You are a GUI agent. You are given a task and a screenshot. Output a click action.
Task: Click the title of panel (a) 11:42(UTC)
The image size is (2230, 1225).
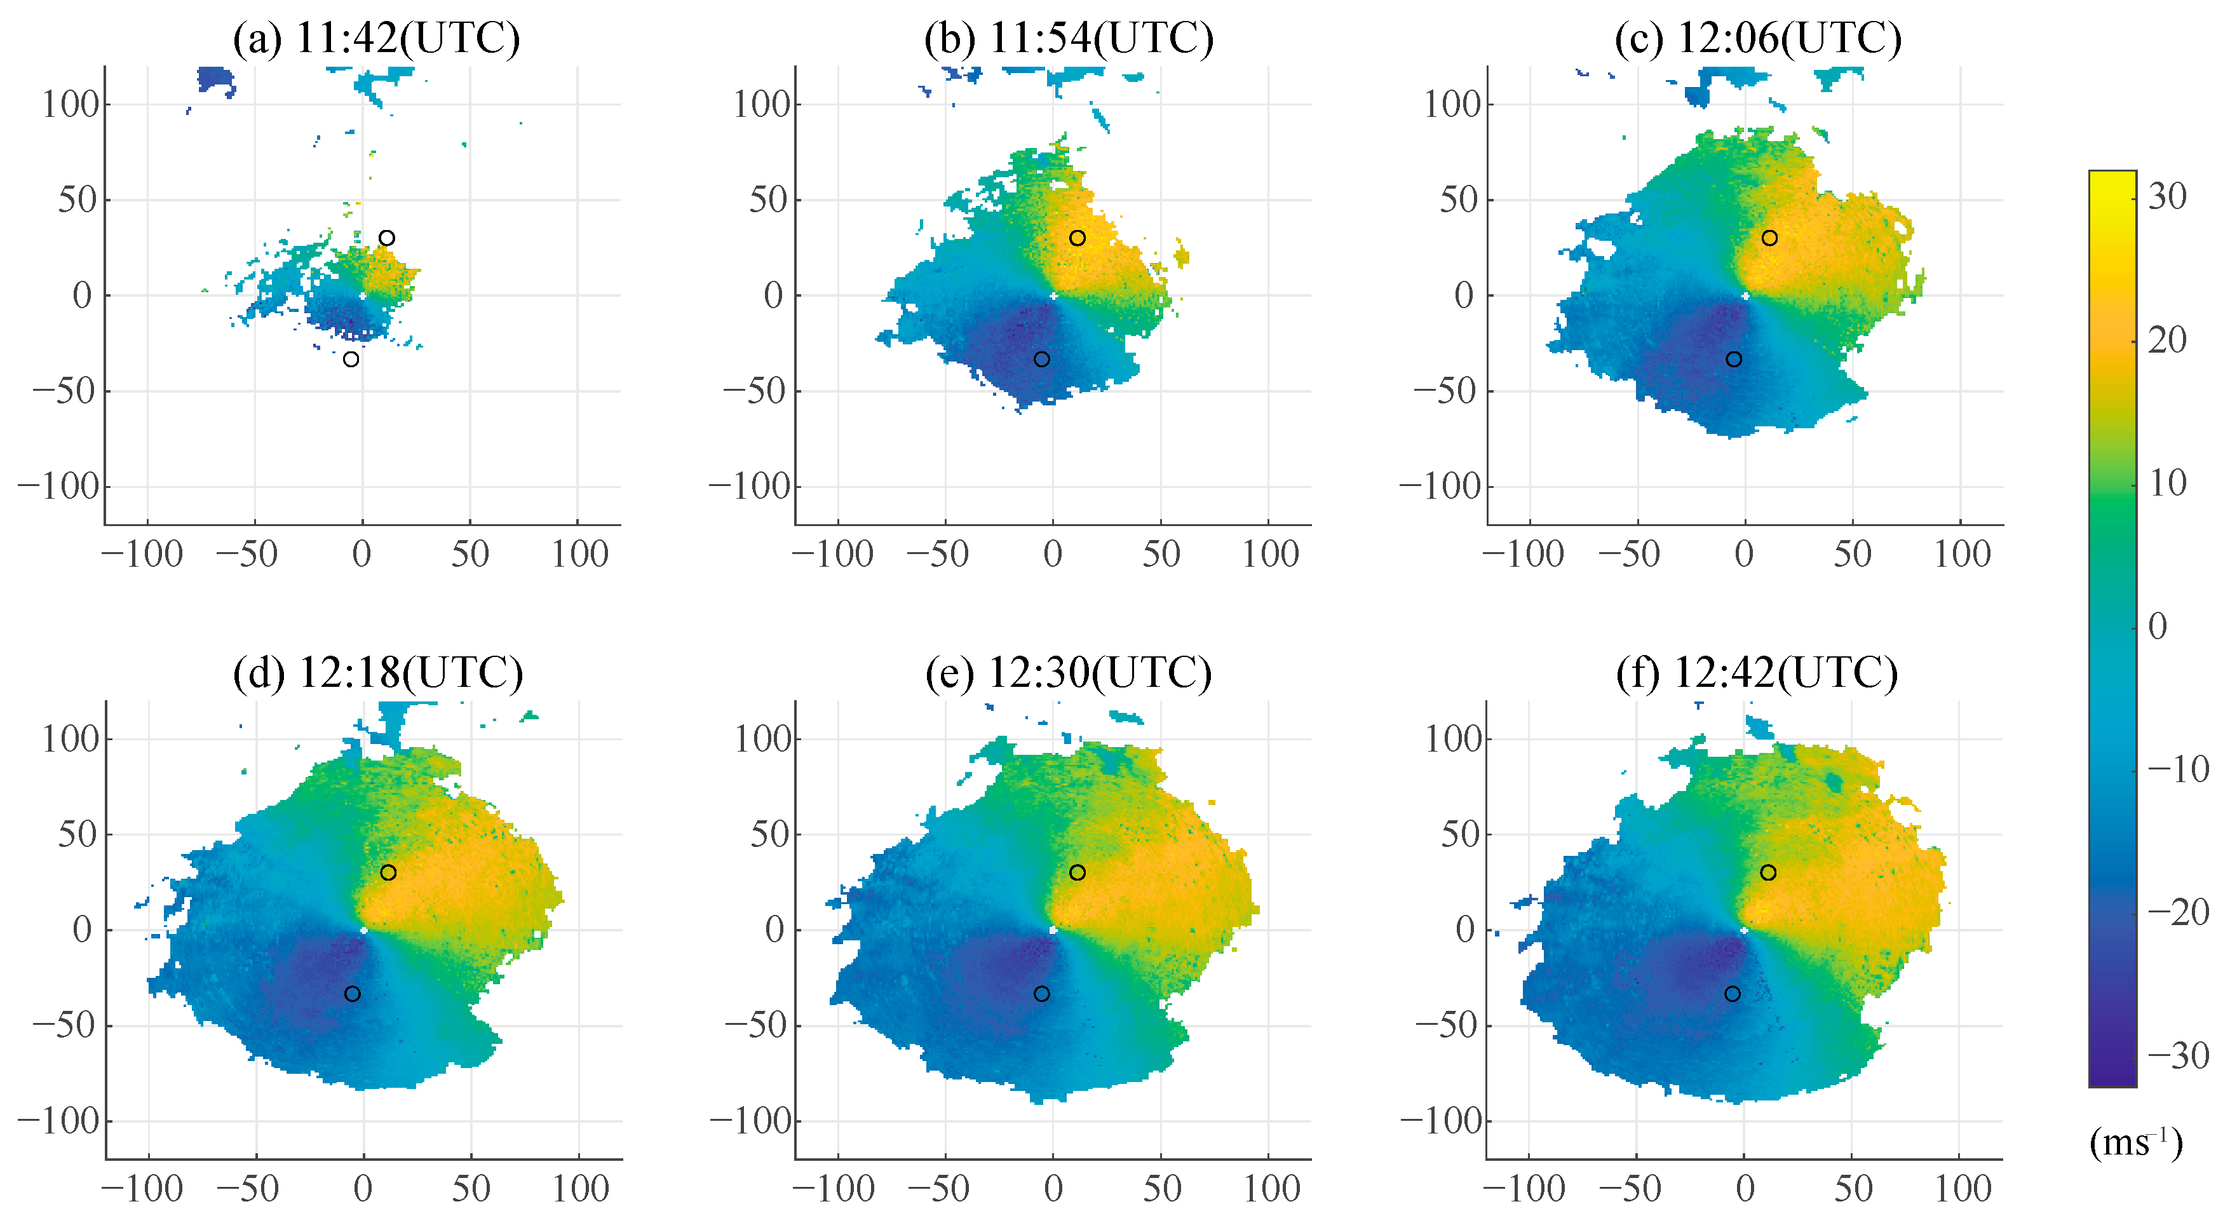(377, 38)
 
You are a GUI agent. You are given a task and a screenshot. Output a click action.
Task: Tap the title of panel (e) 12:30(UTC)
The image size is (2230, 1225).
(1068, 673)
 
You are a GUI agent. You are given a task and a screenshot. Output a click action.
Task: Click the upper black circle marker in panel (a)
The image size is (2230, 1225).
(387, 238)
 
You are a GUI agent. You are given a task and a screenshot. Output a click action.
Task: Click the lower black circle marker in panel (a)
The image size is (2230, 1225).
(351, 359)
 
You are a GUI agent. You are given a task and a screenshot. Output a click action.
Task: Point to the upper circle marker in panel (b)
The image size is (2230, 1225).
(1077, 238)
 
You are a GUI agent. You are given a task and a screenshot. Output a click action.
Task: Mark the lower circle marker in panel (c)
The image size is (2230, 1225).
(1733, 359)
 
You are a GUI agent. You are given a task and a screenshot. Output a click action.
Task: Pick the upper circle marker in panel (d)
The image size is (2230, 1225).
(388, 872)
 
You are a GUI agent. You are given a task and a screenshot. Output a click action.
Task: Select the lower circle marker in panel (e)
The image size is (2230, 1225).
(1041, 994)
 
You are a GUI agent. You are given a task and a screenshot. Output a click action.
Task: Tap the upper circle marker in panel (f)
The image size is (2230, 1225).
(1767, 872)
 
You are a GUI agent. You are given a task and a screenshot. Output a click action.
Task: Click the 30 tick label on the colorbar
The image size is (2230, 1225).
(2167, 196)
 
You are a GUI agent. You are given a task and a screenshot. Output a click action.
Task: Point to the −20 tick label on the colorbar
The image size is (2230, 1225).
(2178, 912)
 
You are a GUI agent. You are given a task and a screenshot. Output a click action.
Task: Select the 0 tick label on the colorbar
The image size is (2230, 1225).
(2158, 626)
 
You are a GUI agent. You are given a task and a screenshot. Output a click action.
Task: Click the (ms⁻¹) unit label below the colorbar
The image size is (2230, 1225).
(2135, 1144)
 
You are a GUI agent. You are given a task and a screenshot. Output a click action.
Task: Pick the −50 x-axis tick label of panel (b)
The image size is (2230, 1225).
(938, 554)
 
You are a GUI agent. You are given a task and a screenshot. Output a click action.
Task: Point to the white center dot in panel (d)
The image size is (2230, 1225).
(363, 931)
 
